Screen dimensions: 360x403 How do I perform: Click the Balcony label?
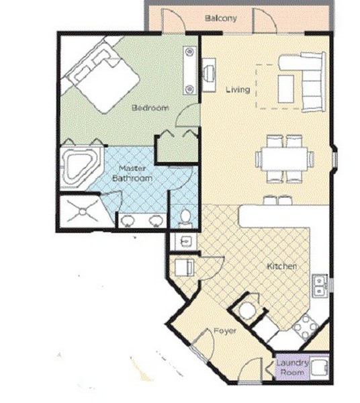click(x=220, y=19)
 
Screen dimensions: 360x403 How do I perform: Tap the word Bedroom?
click(x=150, y=107)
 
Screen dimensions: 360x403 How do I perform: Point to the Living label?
click(x=238, y=90)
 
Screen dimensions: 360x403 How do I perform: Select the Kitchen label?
click(x=282, y=266)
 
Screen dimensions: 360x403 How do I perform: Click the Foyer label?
click(x=225, y=331)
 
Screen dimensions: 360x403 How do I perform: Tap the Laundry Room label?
click(x=292, y=367)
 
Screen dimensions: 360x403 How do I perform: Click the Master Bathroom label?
click(x=132, y=173)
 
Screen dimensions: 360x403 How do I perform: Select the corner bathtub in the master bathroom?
click(x=81, y=167)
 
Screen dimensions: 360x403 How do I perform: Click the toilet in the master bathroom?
click(x=185, y=219)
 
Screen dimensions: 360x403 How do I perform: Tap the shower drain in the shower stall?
click(x=82, y=212)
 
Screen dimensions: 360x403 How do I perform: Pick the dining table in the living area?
click(x=285, y=159)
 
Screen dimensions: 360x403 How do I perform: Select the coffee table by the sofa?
click(x=286, y=89)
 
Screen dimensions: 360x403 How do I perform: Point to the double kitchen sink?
click(x=320, y=286)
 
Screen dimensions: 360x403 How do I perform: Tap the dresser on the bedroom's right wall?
click(x=189, y=71)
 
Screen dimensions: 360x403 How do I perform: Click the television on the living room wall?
click(x=209, y=75)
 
